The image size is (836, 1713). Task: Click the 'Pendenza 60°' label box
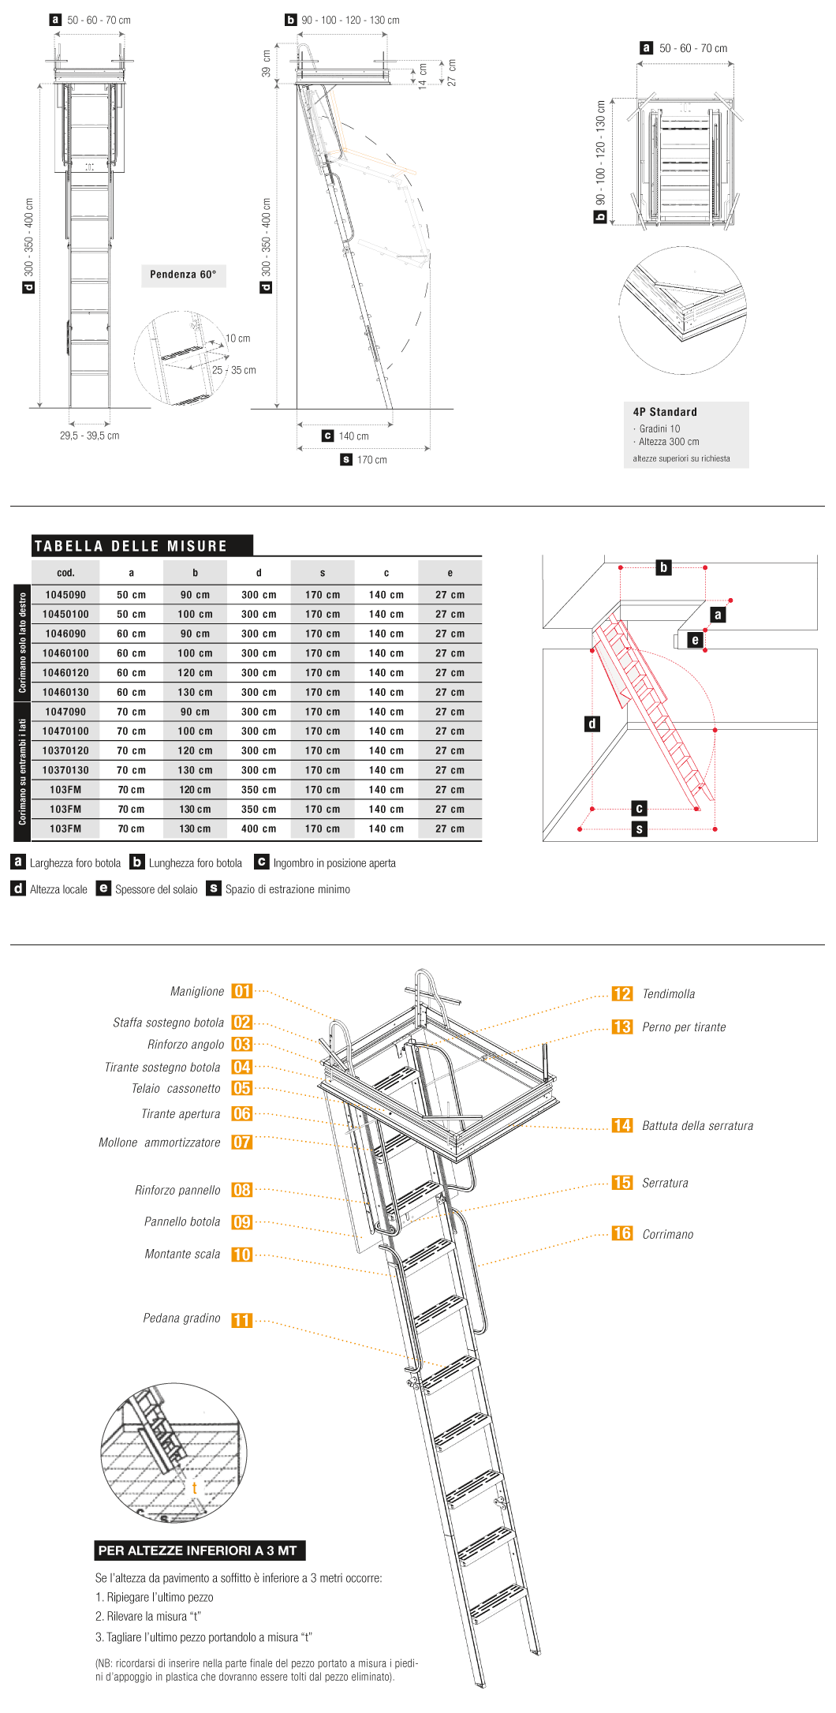(x=183, y=275)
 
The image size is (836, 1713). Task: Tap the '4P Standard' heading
(x=665, y=412)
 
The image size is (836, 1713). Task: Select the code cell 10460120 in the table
(x=65, y=673)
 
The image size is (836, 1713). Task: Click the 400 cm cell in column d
(x=259, y=829)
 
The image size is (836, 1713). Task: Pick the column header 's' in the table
(x=323, y=573)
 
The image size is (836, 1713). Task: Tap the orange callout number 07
(x=242, y=1143)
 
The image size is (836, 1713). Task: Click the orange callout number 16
(x=622, y=1233)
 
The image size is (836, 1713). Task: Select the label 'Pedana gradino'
(x=181, y=1318)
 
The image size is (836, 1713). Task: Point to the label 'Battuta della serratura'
(x=697, y=1126)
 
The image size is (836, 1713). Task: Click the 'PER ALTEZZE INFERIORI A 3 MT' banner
(x=198, y=1550)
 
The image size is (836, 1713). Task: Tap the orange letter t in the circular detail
(x=194, y=1488)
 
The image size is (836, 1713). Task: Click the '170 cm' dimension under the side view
(x=371, y=460)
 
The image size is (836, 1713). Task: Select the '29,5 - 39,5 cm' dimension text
(x=90, y=436)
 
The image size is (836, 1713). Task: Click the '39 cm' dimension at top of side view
(x=267, y=64)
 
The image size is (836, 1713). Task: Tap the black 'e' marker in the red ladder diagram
(x=695, y=640)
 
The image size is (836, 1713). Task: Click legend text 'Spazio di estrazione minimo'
(x=287, y=889)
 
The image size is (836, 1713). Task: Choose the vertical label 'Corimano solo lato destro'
(x=22, y=642)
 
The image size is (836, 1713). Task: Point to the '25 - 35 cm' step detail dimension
(x=234, y=370)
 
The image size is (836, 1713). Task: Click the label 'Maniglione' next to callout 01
(x=197, y=992)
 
